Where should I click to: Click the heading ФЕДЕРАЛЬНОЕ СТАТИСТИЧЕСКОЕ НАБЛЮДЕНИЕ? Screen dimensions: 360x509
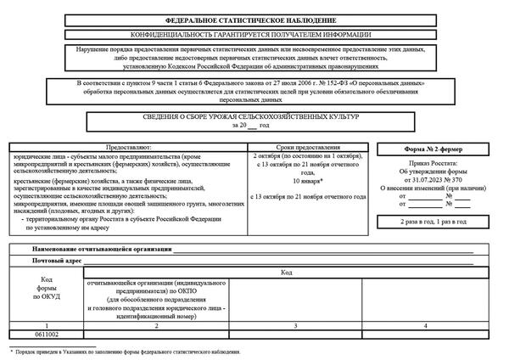click(255, 20)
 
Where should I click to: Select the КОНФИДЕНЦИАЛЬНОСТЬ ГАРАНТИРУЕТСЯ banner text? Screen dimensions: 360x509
click(255, 34)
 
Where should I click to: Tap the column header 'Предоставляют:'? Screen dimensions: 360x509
click(128, 148)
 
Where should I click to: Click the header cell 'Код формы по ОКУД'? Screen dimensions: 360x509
click(46, 288)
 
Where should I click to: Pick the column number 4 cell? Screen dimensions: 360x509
click(424, 326)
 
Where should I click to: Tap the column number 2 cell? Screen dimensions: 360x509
click(156, 326)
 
